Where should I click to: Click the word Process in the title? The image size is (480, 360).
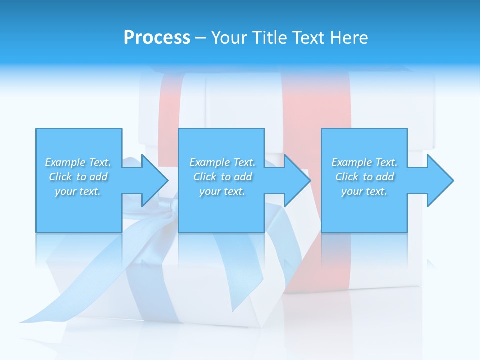pyautogui.click(x=157, y=38)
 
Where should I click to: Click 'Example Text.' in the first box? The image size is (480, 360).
pyautogui.click(x=78, y=162)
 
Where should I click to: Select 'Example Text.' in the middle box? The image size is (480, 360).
pyautogui.click(x=222, y=162)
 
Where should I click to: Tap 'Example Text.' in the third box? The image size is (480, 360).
pyautogui.click(x=364, y=162)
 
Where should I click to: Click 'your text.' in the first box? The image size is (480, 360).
pyautogui.click(x=78, y=191)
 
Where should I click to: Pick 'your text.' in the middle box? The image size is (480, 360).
pyautogui.click(x=222, y=191)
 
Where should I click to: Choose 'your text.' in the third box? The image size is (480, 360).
pyautogui.click(x=364, y=191)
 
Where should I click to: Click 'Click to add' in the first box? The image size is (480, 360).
pyautogui.click(x=78, y=177)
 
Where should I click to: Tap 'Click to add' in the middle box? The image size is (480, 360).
pyautogui.click(x=222, y=177)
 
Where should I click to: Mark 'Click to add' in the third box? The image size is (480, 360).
pyautogui.click(x=364, y=177)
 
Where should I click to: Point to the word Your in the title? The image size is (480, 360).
pyautogui.click(x=228, y=38)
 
